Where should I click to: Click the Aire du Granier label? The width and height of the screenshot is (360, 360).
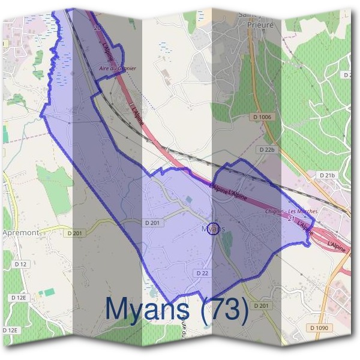(118, 68)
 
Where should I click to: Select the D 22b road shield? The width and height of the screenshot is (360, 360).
(268, 149)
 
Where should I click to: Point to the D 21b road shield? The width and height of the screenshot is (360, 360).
(327, 175)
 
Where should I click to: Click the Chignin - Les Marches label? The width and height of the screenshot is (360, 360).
(291, 212)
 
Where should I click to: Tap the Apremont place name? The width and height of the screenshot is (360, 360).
(21, 232)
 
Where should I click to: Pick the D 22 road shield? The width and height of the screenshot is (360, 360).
(202, 272)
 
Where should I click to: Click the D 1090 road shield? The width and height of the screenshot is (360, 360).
(321, 328)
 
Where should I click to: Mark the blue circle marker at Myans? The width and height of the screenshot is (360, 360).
(214, 229)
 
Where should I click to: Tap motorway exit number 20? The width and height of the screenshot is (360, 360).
(97, 26)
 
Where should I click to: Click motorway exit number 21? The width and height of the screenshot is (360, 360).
(291, 219)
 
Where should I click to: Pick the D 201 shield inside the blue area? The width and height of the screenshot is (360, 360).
(152, 223)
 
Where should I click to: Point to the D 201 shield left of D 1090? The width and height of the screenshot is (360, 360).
(260, 306)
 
